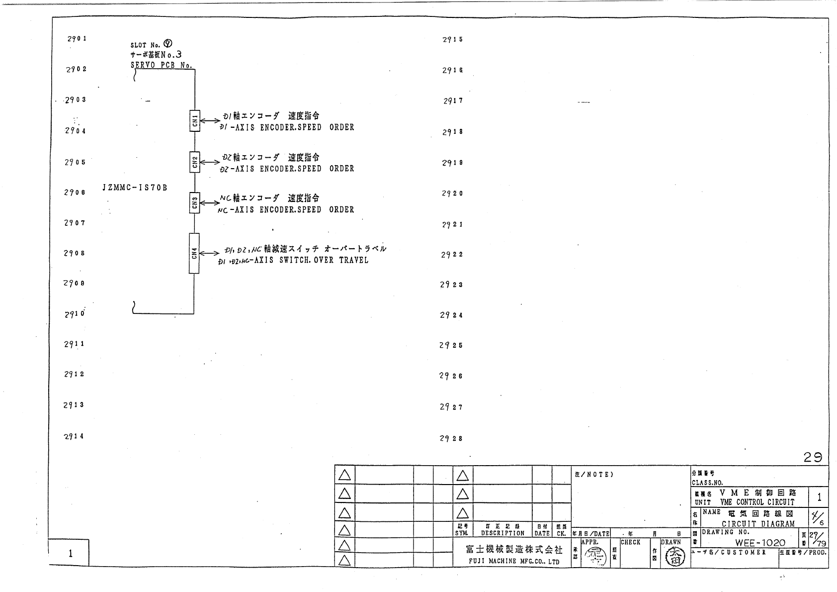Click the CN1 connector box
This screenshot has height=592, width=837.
point(195,121)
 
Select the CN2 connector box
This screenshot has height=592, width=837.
point(195,162)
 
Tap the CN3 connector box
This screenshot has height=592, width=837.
point(195,203)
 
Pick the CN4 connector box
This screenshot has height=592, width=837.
point(194,253)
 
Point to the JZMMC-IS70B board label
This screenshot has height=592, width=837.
point(135,188)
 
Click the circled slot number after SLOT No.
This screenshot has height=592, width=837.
point(167,44)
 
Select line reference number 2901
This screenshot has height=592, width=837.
point(77,38)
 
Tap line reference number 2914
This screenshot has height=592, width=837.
point(74,436)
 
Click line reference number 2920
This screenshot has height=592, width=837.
point(452,194)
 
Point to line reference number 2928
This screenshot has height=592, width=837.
point(451,438)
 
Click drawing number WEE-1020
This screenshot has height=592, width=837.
point(760,543)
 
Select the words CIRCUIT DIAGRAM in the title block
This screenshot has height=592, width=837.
point(758,524)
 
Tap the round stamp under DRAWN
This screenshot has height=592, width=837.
point(675,556)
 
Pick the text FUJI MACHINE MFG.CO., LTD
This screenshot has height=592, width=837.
point(514,562)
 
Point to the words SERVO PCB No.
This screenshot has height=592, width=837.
point(162,65)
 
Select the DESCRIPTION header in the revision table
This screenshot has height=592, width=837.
point(502,533)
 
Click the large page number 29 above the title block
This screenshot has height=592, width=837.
point(813,457)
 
